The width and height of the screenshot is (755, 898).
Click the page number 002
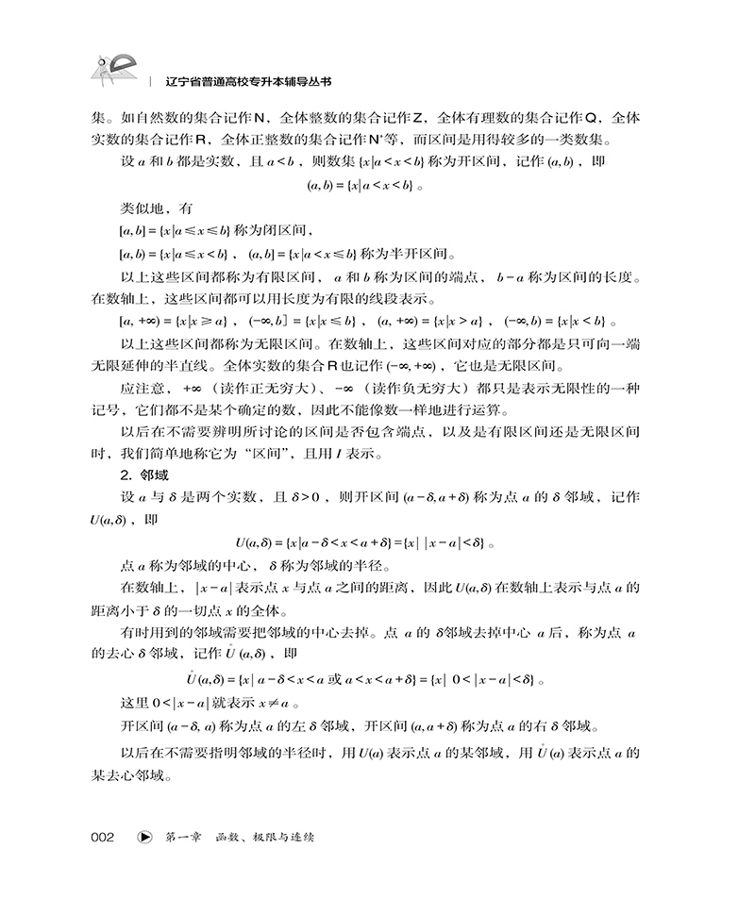(x=102, y=836)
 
